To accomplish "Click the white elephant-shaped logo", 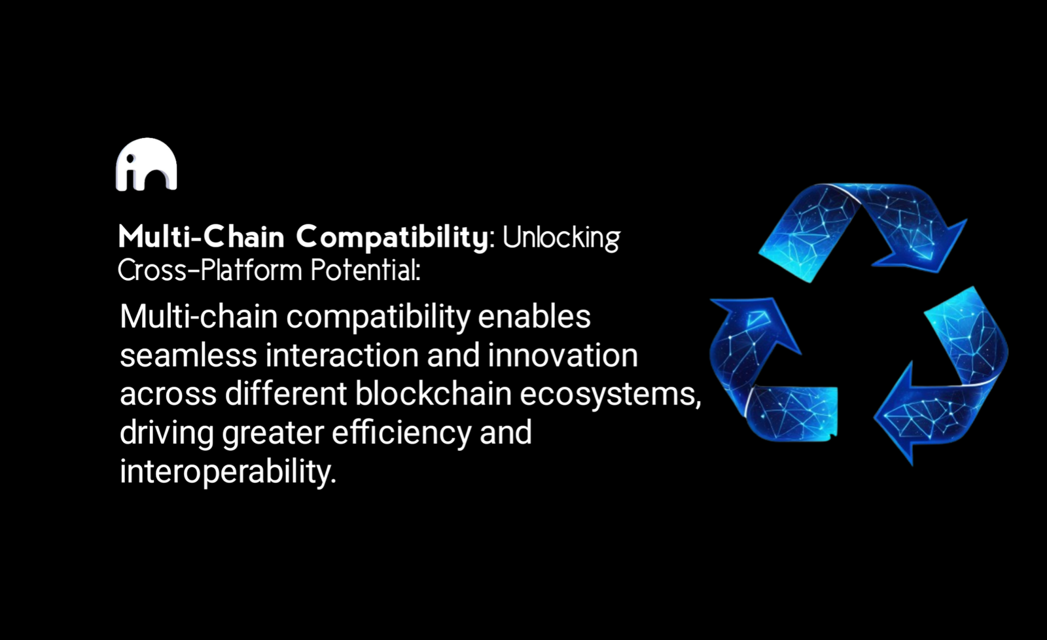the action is [147, 164].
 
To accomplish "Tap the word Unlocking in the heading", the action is [561, 238].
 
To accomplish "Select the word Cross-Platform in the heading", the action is [210, 270].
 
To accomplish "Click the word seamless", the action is [188, 355].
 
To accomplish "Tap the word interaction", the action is [342, 355].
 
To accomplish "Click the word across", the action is [168, 394].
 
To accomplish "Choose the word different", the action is [285, 393].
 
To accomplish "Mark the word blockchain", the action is [433, 393].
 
